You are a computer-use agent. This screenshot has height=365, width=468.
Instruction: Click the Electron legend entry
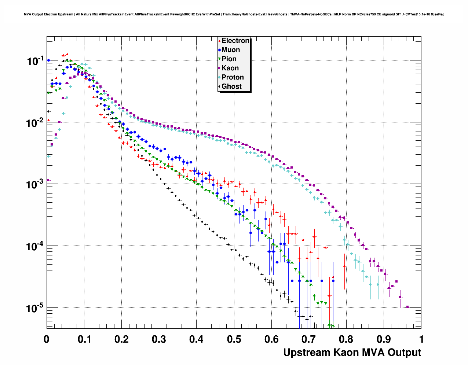[235, 41]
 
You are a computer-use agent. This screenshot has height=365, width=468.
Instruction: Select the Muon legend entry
[230, 50]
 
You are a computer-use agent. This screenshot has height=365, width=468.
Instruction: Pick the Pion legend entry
[229, 59]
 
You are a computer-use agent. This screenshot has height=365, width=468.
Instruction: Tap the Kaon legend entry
[230, 68]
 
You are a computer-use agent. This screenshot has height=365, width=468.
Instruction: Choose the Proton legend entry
[233, 77]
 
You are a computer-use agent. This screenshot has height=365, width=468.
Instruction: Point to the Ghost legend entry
[231, 86]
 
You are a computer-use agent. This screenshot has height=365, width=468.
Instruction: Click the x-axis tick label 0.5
[234, 339]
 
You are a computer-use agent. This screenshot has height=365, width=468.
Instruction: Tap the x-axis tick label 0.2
[121, 339]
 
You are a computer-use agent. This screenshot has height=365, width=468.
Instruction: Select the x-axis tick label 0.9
[384, 339]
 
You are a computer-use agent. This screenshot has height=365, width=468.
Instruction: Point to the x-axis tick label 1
[421, 339]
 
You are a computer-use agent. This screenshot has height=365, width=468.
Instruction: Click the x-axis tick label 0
[47, 339]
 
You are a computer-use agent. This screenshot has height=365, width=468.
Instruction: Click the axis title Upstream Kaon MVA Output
[352, 353]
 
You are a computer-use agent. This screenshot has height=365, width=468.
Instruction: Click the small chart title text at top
[234, 14]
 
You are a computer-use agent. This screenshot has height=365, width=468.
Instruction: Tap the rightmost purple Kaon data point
[408, 307]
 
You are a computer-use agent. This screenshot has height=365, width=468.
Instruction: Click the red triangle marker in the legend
[219, 41]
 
